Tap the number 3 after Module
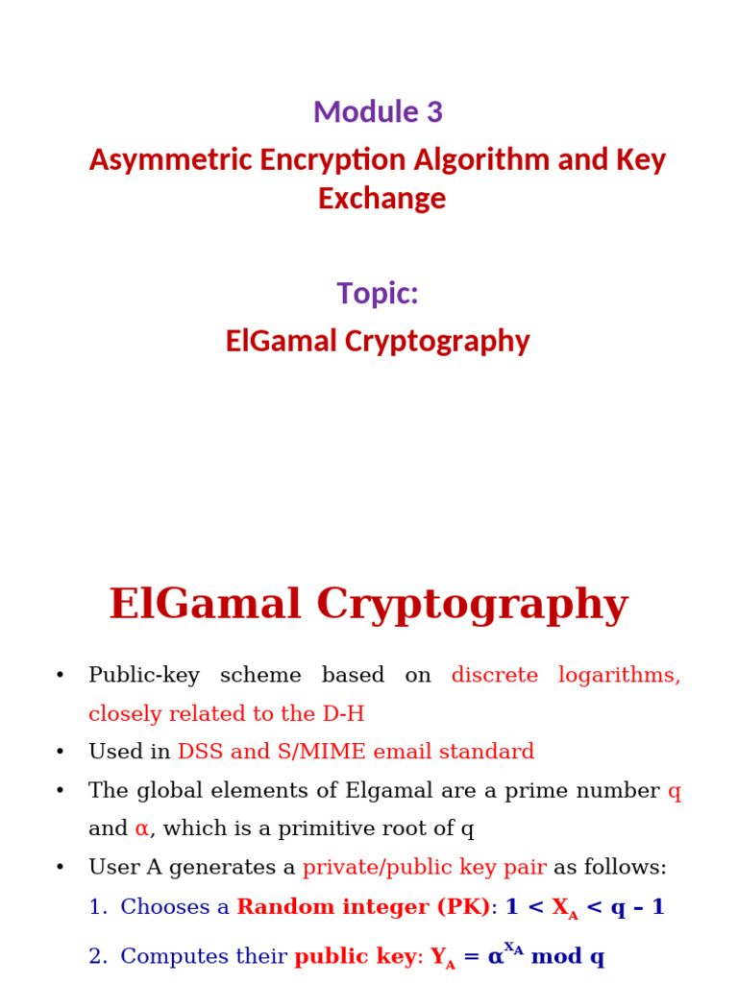[434, 112]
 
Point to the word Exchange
[381, 198]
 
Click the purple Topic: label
[378, 293]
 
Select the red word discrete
[494, 675]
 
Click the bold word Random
[285, 907]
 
